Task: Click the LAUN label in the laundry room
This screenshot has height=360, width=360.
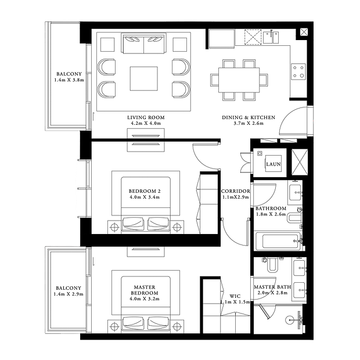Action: click(273, 164)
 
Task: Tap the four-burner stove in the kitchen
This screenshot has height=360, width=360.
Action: click(298, 71)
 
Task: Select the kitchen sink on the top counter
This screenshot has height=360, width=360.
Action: click(271, 37)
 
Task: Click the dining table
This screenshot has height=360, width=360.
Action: click(239, 80)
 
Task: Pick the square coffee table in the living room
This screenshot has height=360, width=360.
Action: click(144, 79)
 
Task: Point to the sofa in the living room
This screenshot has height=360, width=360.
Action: click(144, 44)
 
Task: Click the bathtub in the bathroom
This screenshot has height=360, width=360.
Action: click(278, 242)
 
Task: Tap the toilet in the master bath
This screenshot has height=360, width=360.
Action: click(272, 265)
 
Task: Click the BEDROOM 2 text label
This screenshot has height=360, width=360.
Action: click(145, 191)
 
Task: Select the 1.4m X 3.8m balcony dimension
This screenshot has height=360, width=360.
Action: click(69, 80)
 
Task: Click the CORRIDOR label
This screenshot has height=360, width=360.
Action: click(236, 191)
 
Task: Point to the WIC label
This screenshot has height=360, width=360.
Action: click(235, 296)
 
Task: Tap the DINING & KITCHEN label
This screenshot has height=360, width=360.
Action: click(249, 117)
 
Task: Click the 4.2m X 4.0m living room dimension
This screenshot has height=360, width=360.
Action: click(146, 123)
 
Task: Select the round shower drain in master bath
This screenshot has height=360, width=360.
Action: click(289, 319)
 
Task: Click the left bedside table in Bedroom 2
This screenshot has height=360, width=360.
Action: click(114, 227)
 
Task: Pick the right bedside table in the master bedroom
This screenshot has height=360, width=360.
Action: click(177, 326)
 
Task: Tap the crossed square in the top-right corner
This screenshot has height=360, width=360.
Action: click(304, 32)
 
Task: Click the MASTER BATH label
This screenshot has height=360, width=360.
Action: click(272, 287)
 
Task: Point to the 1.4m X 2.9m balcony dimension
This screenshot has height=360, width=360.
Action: click(69, 294)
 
